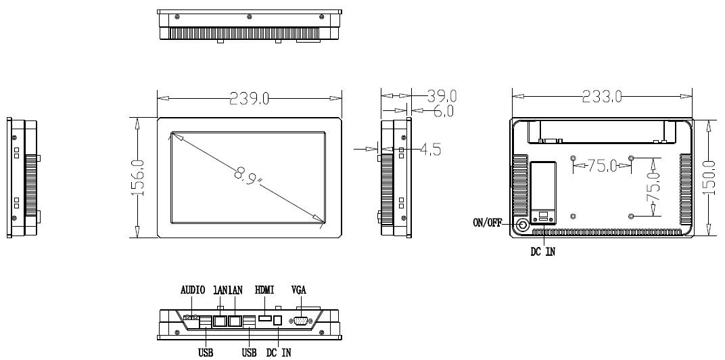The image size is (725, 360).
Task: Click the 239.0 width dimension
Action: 249,98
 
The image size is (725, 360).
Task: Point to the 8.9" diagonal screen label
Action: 248,177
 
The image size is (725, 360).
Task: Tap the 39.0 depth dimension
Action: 442,96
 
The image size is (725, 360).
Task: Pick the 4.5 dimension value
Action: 430,150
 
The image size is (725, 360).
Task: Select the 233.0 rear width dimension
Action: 601,96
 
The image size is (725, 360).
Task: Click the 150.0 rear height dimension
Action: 709,177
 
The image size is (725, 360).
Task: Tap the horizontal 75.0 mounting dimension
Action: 602,165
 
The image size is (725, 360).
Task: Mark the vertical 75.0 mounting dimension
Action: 653,187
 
